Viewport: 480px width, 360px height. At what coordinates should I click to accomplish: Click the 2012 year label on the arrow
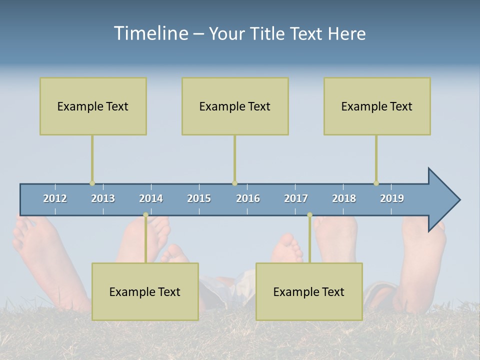click(x=55, y=198)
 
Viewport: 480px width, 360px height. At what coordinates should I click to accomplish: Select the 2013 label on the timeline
click(x=103, y=198)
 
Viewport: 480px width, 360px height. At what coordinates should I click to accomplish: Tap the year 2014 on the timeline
click(x=151, y=198)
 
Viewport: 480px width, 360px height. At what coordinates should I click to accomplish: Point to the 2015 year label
click(x=199, y=198)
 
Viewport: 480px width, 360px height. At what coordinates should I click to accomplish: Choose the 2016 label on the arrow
click(x=248, y=198)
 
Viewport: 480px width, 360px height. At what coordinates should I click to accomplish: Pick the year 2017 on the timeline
click(x=296, y=198)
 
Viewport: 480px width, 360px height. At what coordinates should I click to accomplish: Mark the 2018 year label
click(x=344, y=198)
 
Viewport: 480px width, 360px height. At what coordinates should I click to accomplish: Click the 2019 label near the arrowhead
click(x=392, y=198)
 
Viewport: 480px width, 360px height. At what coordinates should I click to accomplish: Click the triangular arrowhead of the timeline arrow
click(x=443, y=200)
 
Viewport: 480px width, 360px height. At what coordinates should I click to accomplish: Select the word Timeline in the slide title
click(x=150, y=33)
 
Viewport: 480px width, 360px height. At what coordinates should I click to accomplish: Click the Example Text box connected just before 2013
click(x=93, y=106)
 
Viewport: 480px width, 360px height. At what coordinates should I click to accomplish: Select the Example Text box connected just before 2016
click(x=235, y=106)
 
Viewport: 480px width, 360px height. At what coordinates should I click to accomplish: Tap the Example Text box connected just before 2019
click(x=377, y=106)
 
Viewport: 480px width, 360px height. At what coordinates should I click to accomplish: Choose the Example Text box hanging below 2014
click(x=145, y=291)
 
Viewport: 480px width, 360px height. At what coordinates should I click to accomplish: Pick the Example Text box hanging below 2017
click(x=309, y=291)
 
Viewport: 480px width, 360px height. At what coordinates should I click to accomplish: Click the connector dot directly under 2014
click(x=145, y=215)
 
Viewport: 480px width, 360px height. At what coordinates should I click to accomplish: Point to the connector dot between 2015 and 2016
click(x=234, y=183)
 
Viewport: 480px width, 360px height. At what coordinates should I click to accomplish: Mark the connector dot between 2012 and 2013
click(x=92, y=183)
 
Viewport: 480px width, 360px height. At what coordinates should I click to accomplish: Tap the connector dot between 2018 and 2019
click(x=376, y=183)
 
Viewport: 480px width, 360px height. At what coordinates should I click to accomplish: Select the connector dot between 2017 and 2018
click(x=309, y=215)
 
